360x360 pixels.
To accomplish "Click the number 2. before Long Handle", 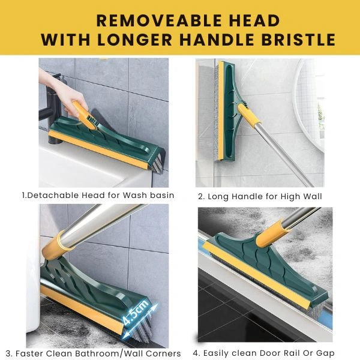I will pos(202,196).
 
